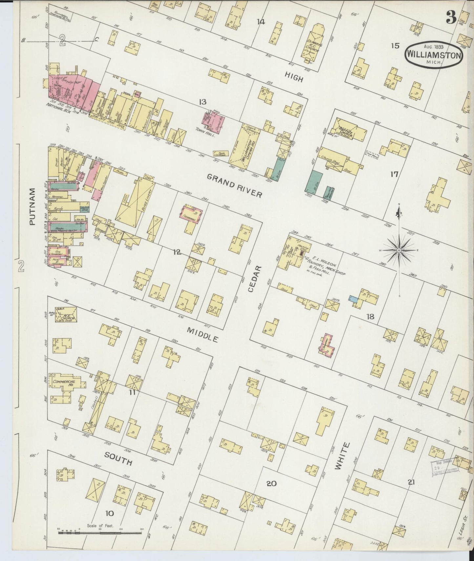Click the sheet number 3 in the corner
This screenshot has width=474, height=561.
(x=451, y=19)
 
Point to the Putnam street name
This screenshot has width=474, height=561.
(x=32, y=206)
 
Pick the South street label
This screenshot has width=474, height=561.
(x=118, y=458)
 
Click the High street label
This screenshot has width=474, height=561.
(x=293, y=77)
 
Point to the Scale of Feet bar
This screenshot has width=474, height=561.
(x=100, y=532)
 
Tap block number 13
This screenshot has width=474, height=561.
(x=202, y=102)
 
